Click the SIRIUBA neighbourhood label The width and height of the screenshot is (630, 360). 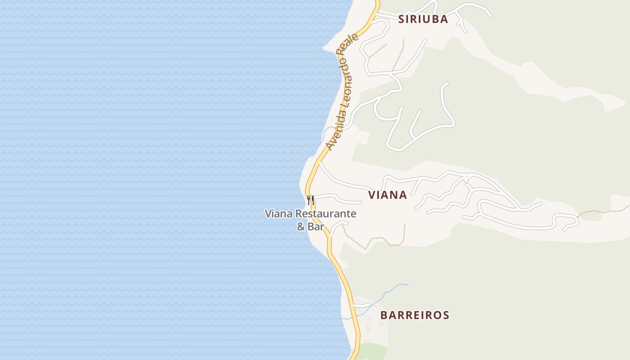pyautogui.click(x=423, y=19)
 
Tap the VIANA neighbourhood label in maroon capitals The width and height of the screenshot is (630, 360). pyautogui.click(x=387, y=195)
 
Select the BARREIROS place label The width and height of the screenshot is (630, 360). pyautogui.click(x=414, y=315)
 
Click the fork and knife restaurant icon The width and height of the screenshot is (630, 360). pyautogui.click(x=310, y=199)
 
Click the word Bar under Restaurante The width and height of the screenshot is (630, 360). pyautogui.click(x=316, y=227)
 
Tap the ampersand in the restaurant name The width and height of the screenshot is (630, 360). pyautogui.click(x=301, y=227)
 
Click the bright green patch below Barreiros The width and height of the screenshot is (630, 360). pyautogui.click(x=373, y=351)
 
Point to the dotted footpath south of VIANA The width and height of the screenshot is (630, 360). pyautogui.click(x=378, y=239)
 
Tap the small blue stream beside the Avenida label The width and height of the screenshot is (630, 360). pyautogui.click(x=327, y=131)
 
